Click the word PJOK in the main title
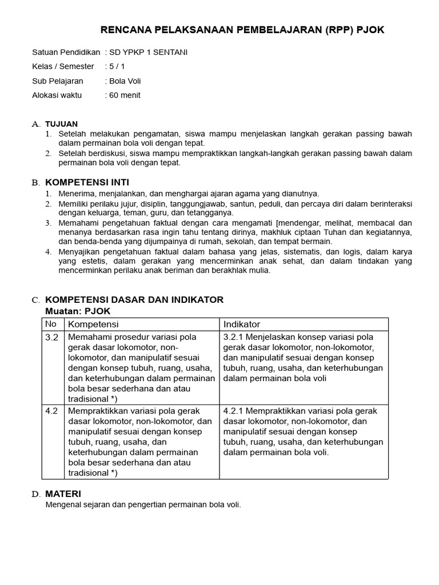370,30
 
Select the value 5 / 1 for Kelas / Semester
118,67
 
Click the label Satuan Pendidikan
66,53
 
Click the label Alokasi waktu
57,95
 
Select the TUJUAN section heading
61,124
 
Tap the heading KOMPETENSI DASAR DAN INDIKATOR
134,300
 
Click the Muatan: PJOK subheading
78,311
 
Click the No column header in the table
51,324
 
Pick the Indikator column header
241,324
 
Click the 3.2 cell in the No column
52,337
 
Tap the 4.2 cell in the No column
52,411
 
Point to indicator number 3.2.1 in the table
234,337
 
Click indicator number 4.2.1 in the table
234,411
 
